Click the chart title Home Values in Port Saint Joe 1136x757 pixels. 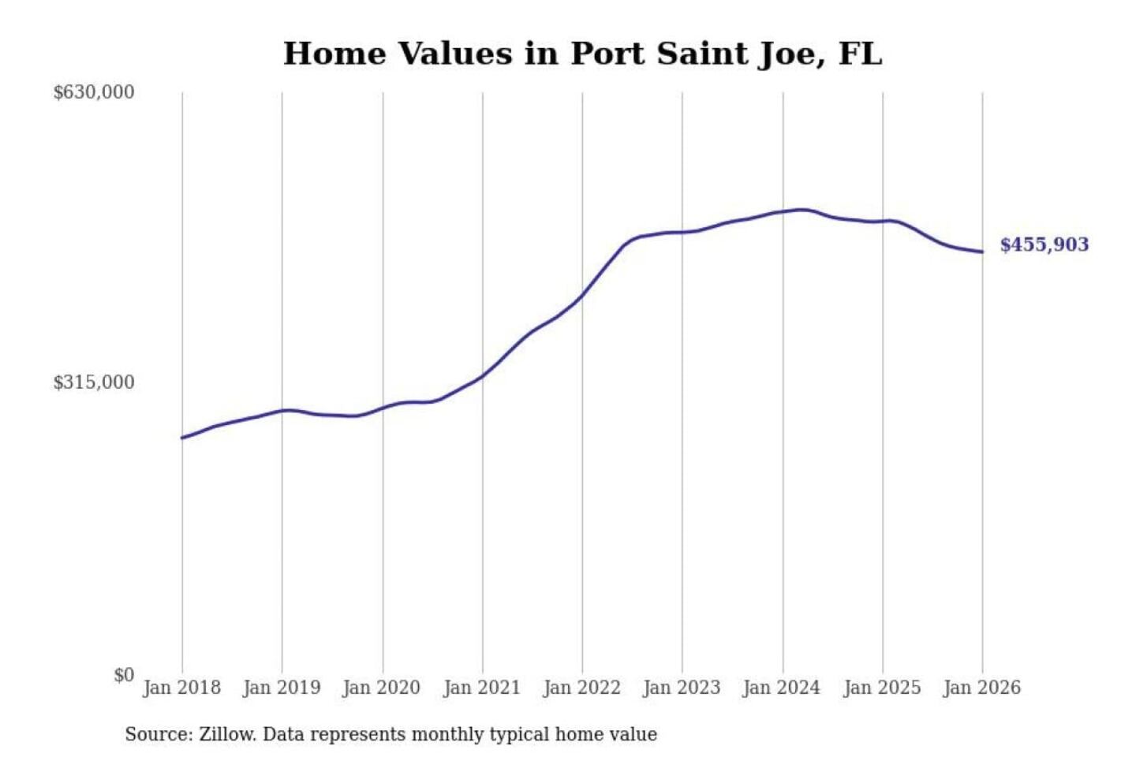coord(582,54)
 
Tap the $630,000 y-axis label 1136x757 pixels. coord(94,92)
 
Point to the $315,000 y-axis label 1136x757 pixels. coord(94,382)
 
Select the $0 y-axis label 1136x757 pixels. coord(124,675)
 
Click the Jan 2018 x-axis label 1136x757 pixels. coord(181,688)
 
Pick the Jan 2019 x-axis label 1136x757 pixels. coord(282,688)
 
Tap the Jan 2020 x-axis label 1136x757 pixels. coord(381,688)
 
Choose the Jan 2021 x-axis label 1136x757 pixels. coord(482,688)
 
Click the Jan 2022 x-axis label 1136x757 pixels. coord(582,688)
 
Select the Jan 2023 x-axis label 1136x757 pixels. coord(682,688)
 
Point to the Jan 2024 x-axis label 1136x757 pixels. coord(782,688)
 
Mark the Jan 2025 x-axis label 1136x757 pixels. coord(882,688)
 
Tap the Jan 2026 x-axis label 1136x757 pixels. coord(982,688)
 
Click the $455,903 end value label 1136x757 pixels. coord(1044,244)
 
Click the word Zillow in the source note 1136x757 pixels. coord(227,734)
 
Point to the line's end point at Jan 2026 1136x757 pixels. coord(982,252)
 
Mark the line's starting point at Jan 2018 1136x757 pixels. coord(182,438)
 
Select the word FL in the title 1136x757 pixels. coord(860,54)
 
